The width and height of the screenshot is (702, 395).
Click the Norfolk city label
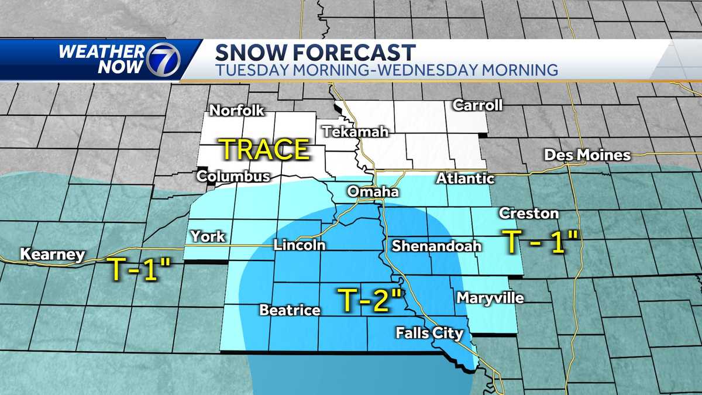[x=237, y=110]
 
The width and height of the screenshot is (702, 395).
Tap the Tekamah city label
[x=355, y=132]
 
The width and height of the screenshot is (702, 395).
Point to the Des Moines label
[x=587, y=155]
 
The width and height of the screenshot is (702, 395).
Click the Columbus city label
[x=233, y=176]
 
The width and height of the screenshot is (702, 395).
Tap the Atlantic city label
[x=465, y=178]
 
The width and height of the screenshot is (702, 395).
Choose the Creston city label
[x=520, y=213]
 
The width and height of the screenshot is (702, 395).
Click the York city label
[x=208, y=236]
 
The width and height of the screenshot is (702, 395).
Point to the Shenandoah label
[x=436, y=246]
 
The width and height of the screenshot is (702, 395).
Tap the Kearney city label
[x=52, y=255]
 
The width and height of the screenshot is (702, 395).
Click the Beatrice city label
[x=290, y=310]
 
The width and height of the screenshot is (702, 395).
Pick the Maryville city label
[x=490, y=298]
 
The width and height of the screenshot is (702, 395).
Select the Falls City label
[x=429, y=334]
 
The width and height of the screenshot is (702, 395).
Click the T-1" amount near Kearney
[x=138, y=269]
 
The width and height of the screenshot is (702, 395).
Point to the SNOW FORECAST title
[x=316, y=52]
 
